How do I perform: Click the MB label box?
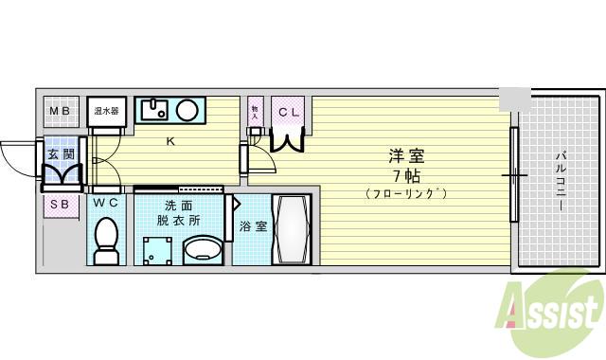(x=60, y=112)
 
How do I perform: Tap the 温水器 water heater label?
(x=106, y=112)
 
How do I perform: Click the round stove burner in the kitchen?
(x=187, y=110)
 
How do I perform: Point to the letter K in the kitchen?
(x=170, y=143)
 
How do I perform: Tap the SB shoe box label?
(x=59, y=204)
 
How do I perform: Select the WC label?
(x=105, y=203)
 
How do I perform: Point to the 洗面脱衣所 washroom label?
(x=179, y=212)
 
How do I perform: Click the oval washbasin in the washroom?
(x=201, y=251)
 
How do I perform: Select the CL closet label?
(x=288, y=112)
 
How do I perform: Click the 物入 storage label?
(x=256, y=112)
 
